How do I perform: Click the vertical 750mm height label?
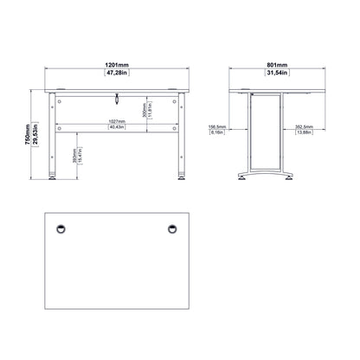click(x=27, y=134)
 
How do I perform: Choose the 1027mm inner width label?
click(x=110, y=121)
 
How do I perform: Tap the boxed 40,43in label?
click(x=110, y=128)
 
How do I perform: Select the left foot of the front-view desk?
click(x=55, y=180)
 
